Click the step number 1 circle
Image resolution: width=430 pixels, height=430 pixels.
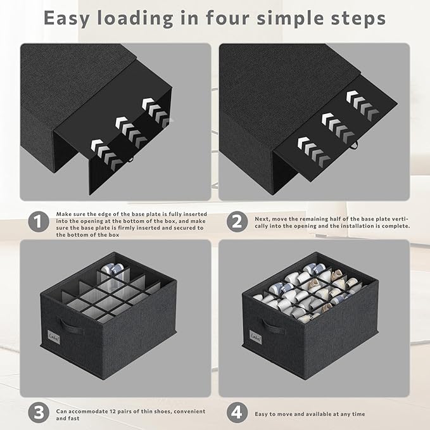tap(39, 222)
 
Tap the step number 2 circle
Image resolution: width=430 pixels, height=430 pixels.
tap(237, 222)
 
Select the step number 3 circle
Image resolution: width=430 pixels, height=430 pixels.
tap(39, 412)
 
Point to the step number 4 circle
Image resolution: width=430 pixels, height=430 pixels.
tap(237, 412)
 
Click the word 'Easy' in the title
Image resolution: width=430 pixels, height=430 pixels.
tap(66, 18)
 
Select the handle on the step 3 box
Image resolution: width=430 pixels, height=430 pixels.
tap(70, 326)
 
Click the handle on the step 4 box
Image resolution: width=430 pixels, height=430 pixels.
tap(272, 326)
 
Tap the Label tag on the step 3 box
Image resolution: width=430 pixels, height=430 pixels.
tap(53, 336)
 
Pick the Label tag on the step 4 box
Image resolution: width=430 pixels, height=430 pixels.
tap(255, 337)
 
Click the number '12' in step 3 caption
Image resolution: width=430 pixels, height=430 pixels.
tap(113, 412)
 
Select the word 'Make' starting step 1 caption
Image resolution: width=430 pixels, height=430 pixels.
tap(63, 214)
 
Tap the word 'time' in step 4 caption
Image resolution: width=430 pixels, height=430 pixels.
tap(358, 414)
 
